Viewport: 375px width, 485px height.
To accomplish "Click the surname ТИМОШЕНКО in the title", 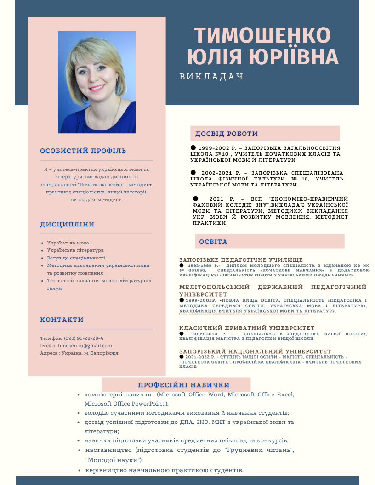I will point(262,36).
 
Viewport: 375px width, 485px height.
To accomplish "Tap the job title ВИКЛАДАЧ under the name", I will point(211,77).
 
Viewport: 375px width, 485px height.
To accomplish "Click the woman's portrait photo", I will point(97,82).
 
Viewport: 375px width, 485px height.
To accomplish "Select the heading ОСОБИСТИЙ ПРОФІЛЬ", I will point(83,151).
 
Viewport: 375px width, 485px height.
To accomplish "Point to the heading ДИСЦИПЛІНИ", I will point(67,225).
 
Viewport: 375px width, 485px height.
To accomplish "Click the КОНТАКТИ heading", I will point(62,320).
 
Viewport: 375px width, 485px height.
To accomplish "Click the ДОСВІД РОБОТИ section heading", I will point(227,134).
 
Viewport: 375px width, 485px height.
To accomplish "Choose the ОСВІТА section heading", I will point(213,242).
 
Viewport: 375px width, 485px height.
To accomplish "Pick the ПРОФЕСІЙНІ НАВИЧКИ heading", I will point(184,385).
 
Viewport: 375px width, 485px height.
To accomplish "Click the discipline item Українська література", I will point(75,250).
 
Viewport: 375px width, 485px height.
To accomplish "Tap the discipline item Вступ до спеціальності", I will point(76,258).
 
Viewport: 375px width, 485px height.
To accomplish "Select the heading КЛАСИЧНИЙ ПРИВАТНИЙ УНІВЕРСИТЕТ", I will point(247,328).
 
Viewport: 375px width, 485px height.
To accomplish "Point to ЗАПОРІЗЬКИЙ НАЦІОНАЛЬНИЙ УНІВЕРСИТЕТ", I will point(255,351).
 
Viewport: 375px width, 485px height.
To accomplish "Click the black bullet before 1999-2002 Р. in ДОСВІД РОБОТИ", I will point(193,147).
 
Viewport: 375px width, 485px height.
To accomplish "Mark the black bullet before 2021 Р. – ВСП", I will point(195,198).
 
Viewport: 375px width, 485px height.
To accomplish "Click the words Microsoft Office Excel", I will point(261,395).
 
